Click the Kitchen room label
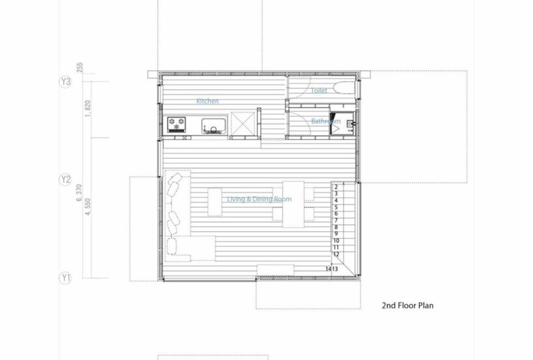[208, 101]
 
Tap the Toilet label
[319, 91]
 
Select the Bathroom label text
[325, 121]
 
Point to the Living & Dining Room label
[259, 199]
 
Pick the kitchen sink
[214, 124]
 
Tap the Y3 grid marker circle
[65, 82]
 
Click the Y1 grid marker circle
[65, 278]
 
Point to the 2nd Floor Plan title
[407, 305]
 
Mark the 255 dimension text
[79, 67]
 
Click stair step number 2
[335, 187]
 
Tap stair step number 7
[335, 220]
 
